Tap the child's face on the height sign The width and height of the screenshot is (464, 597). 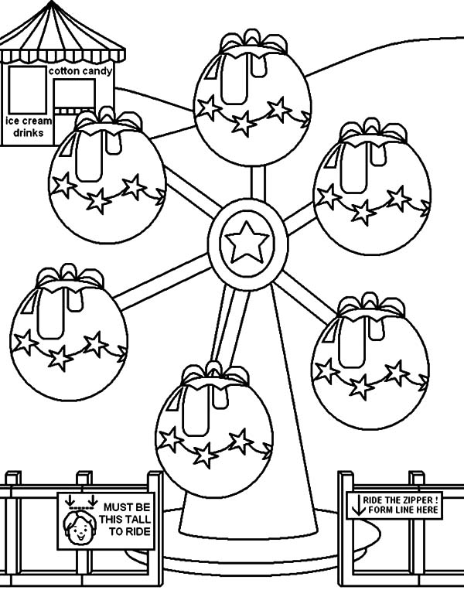tap(80, 529)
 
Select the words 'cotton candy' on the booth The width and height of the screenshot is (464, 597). tap(80, 71)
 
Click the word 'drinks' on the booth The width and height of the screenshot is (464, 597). tap(28, 133)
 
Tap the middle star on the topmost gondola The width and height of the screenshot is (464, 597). tap(244, 121)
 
